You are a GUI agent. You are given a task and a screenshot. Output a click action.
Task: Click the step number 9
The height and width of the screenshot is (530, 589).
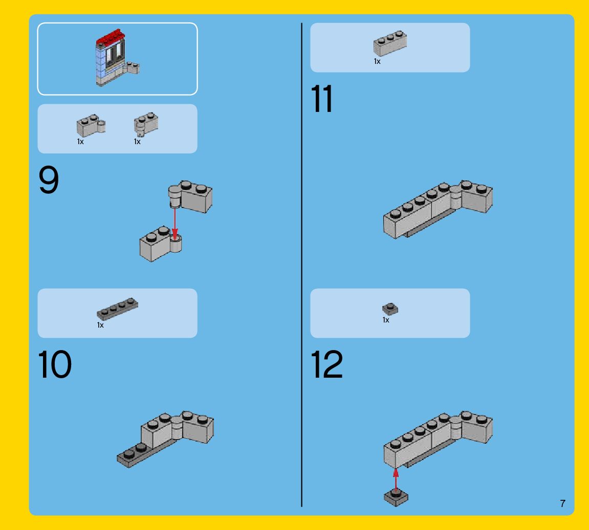click(49, 180)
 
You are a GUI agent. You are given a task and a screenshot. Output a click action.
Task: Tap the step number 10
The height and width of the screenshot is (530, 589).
click(55, 364)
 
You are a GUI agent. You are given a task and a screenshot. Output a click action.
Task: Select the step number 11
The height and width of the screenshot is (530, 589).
click(322, 99)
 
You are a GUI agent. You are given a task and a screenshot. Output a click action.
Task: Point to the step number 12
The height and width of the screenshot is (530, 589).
click(327, 364)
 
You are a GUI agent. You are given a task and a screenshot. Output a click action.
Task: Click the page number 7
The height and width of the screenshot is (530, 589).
click(562, 503)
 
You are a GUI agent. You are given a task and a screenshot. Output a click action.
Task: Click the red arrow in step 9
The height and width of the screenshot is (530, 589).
click(174, 223)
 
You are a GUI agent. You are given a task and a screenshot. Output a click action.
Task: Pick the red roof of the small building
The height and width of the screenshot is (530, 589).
click(110, 37)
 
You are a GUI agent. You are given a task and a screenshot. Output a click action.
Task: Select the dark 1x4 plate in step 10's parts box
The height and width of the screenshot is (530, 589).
click(117, 309)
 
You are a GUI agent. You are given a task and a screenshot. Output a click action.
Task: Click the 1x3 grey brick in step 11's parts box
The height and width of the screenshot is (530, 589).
click(390, 43)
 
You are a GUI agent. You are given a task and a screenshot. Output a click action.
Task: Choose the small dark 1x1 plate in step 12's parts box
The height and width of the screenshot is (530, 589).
click(390, 309)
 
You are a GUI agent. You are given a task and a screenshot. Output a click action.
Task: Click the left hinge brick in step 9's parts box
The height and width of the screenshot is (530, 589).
click(91, 125)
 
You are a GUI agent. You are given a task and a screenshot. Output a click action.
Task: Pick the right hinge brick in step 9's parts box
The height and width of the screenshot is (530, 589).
click(146, 124)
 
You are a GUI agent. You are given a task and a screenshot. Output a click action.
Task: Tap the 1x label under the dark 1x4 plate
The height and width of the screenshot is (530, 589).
click(100, 325)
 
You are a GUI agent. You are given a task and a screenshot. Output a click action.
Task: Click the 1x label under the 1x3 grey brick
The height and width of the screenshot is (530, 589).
click(377, 61)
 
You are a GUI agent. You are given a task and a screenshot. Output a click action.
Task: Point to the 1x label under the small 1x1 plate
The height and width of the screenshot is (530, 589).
click(386, 320)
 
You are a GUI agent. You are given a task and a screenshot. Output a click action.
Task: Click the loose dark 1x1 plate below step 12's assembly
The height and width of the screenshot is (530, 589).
click(396, 498)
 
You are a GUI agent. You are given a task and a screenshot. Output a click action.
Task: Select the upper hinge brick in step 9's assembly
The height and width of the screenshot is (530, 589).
click(190, 196)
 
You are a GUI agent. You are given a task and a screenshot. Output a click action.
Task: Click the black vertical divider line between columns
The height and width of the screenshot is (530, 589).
click(301, 265)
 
